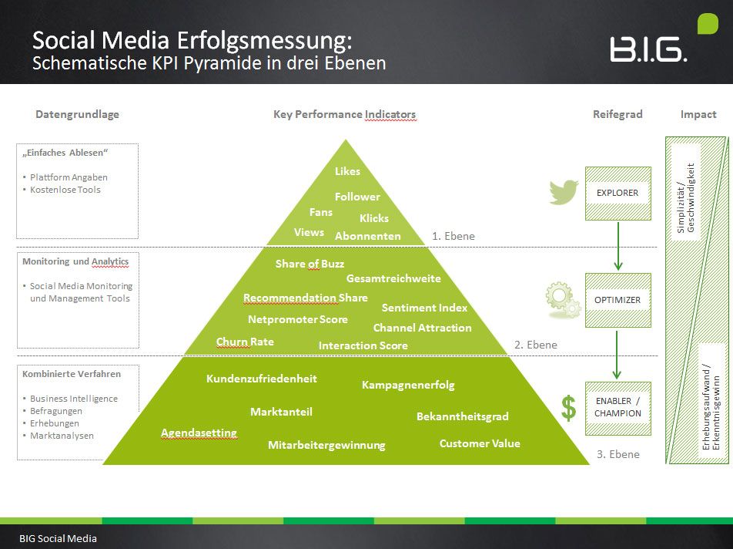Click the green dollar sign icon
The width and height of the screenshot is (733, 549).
coord(568,408)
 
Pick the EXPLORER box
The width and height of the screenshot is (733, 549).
coord(618,193)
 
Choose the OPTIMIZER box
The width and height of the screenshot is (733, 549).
coord(618,300)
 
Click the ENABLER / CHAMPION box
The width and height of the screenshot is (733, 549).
coord(618,407)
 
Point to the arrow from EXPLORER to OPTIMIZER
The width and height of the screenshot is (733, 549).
coord(618,246)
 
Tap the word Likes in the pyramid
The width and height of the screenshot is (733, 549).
coord(347,171)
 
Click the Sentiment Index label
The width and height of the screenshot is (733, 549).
coord(424,308)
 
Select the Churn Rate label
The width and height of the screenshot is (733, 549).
coord(245,342)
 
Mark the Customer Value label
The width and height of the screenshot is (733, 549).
coord(480,443)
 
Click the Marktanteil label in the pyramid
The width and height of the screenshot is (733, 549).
coord(281,412)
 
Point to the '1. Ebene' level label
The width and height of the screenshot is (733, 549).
coord(454,236)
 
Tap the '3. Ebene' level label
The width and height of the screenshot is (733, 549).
coord(618,454)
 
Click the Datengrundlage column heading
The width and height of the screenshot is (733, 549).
coord(77,114)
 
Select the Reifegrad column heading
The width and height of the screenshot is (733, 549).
coord(618,114)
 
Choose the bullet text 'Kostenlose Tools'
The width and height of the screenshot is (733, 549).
coord(65,190)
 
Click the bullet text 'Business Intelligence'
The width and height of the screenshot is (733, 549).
coord(74,399)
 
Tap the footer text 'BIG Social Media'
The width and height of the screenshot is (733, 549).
coord(59,538)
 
